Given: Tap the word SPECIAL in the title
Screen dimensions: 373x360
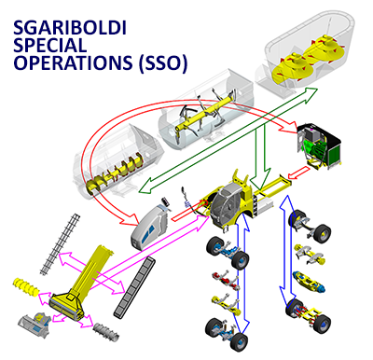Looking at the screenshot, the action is pos(52,43).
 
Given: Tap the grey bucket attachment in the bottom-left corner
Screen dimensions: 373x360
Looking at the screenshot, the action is pos(35,325).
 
